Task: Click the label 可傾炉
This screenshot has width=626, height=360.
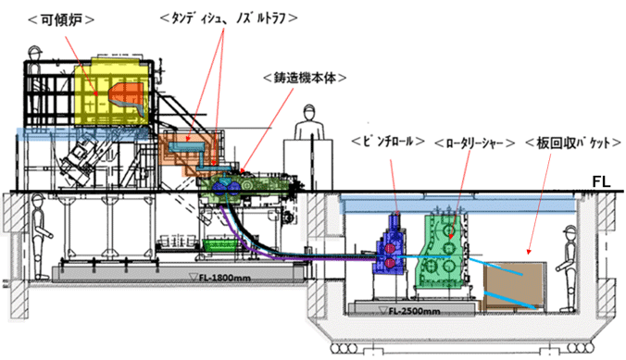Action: tap(62, 19)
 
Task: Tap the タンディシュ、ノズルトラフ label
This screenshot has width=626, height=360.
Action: tap(229, 19)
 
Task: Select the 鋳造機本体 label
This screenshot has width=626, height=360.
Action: tap(305, 79)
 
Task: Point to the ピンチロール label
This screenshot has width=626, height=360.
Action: tap(388, 142)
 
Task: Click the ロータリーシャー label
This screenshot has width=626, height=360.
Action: tap(474, 143)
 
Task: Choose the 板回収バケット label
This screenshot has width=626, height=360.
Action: tap(573, 143)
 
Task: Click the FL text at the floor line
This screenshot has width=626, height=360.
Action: tap(601, 182)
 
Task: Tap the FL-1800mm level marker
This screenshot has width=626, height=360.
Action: tap(220, 277)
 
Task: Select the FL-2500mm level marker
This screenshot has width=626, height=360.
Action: tap(409, 311)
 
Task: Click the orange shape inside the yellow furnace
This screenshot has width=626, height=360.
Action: tap(126, 99)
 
